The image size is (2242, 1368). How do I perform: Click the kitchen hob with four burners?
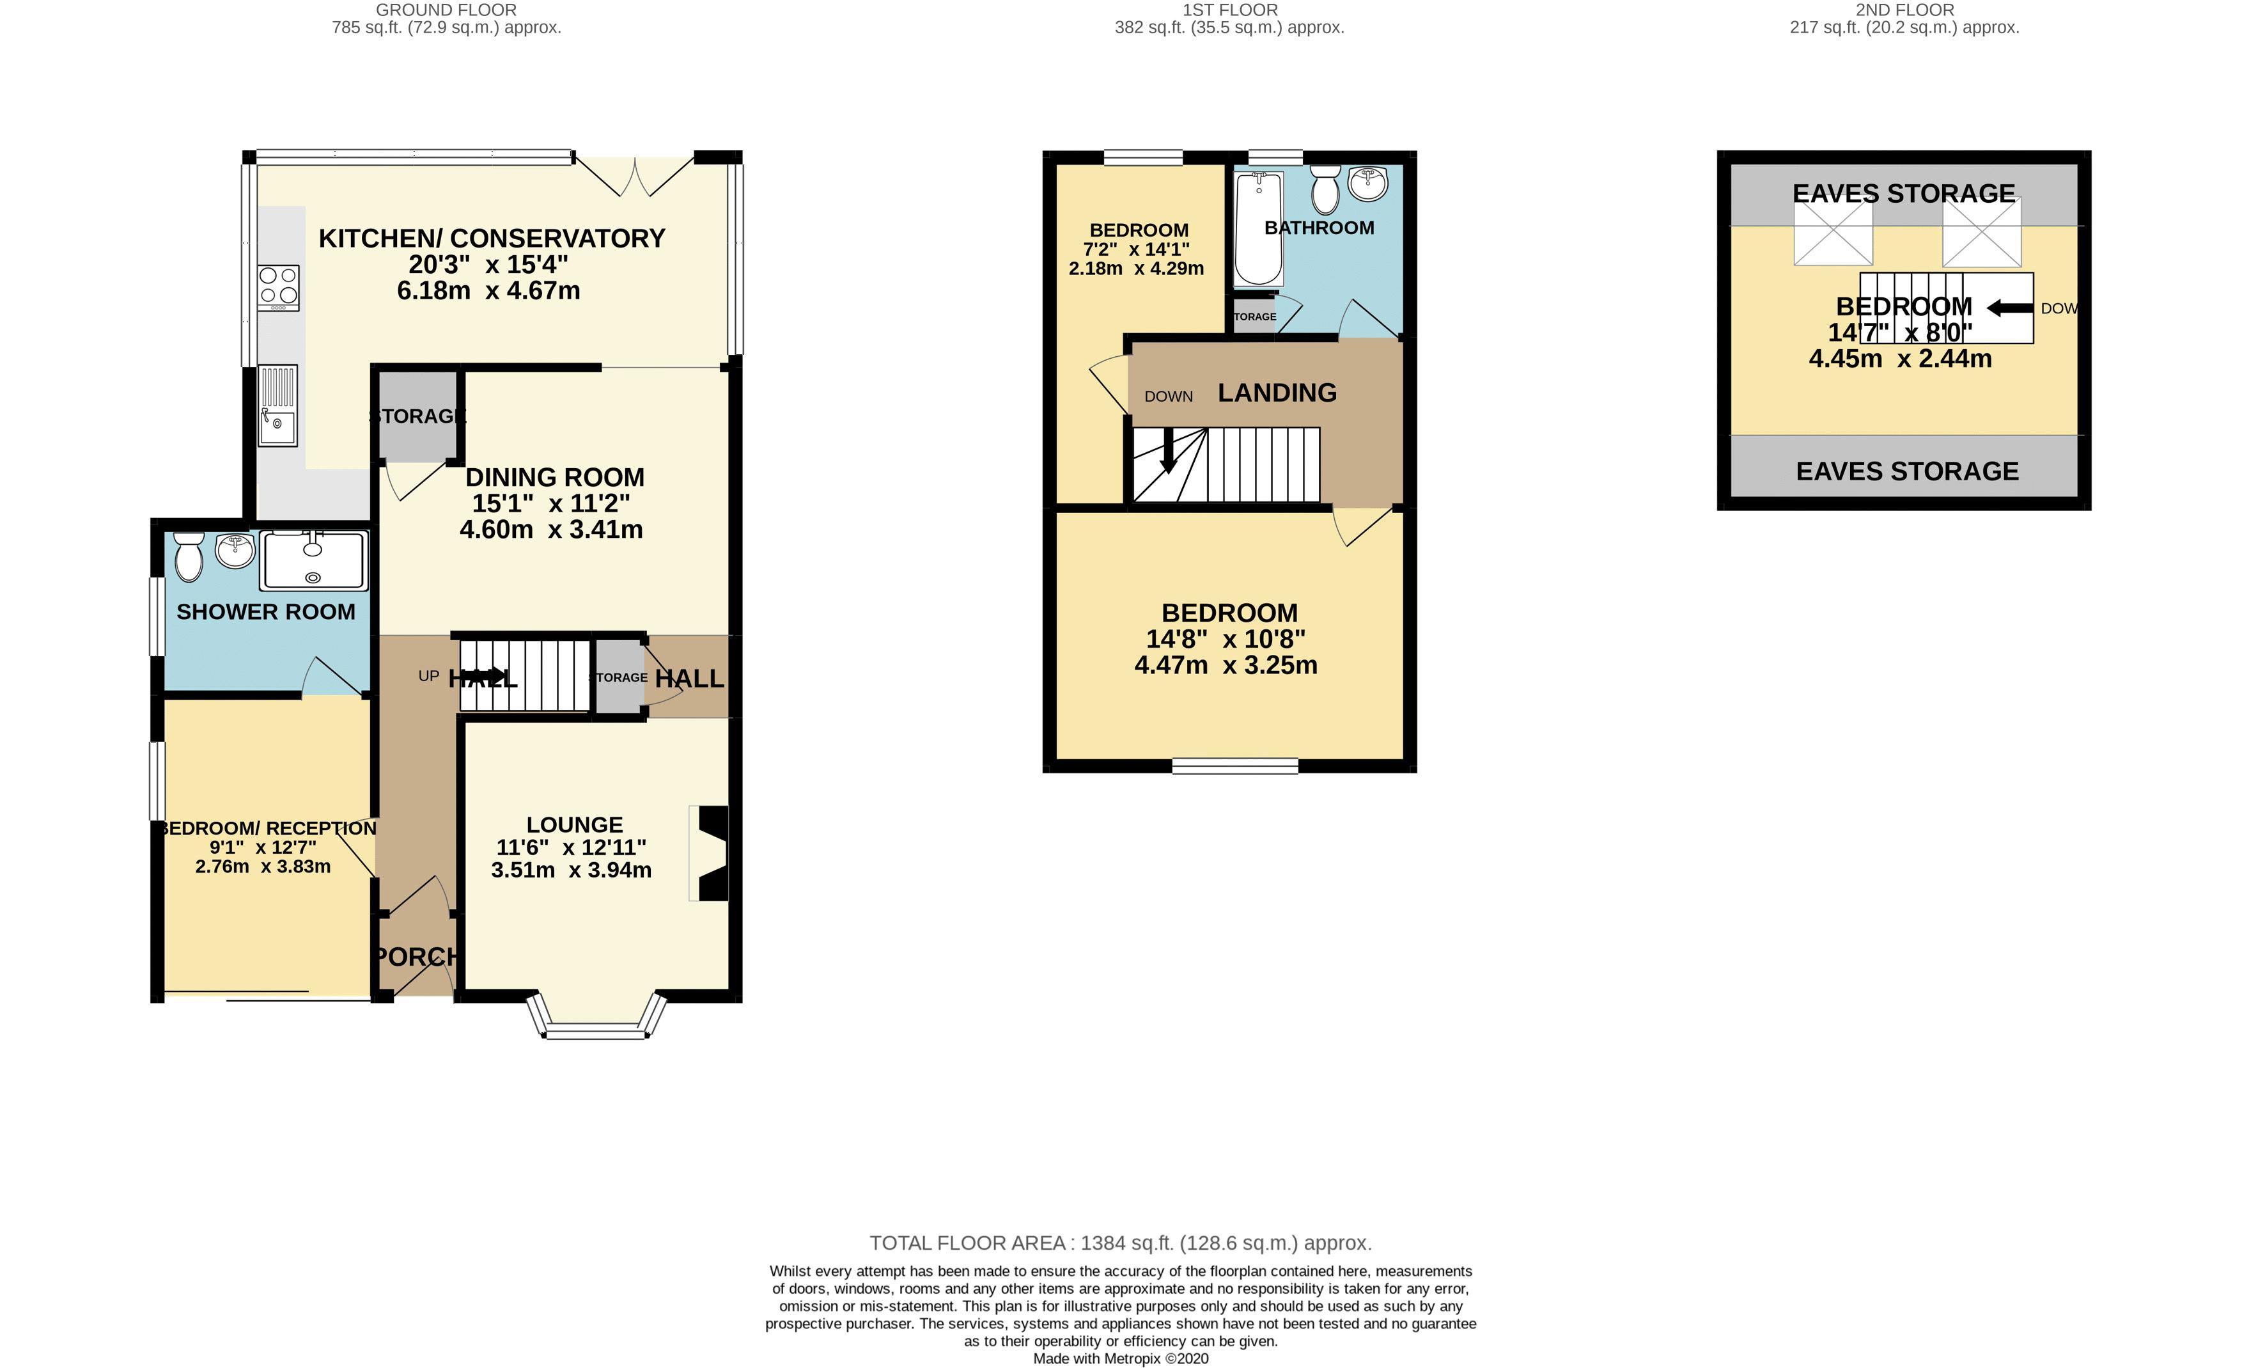point(277,285)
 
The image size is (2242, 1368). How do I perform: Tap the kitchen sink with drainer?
point(277,406)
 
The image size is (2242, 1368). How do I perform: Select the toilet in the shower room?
point(189,557)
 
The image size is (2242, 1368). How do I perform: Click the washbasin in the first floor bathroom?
point(1367,184)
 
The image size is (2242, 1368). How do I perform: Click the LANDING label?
point(1277,393)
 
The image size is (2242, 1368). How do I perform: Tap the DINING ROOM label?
point(554,478)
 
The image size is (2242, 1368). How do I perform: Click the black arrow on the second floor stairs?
point(2010,308)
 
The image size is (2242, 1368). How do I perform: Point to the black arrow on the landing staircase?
point(1169,452)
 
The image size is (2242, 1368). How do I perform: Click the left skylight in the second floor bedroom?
point(1833,233)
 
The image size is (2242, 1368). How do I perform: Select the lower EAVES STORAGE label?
point(1907,471)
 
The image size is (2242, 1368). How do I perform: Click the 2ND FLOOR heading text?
point(1904,10)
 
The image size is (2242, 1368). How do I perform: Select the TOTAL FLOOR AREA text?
point(1120,1243)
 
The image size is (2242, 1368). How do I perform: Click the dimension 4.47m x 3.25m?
point(1226,665)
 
